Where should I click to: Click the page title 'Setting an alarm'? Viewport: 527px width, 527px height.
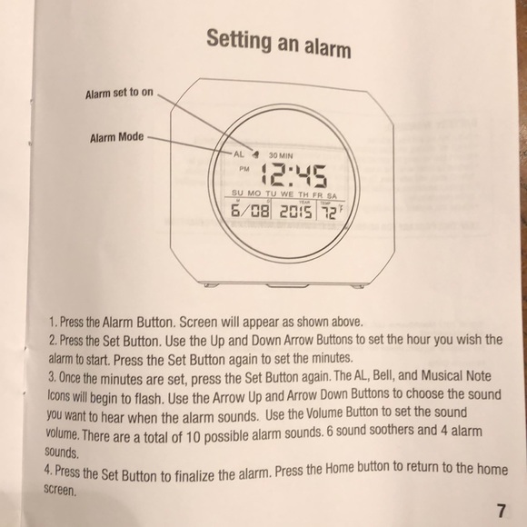(279, 44)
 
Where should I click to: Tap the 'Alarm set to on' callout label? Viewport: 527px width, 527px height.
(119, 93)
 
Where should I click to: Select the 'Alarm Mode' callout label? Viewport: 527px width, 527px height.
(116, 137)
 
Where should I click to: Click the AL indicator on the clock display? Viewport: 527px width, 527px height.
(239, 154)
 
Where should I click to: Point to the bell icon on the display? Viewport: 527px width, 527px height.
(255, 154)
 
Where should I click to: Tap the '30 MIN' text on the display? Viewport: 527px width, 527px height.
(281, 155)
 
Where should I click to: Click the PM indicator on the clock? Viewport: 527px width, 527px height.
(244, 169)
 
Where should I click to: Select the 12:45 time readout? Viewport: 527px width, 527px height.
(294, 175)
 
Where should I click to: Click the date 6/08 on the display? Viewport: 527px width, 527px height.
(251, 211)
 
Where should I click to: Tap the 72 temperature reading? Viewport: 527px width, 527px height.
(328, 213)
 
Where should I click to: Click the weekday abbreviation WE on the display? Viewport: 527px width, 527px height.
(287, 194)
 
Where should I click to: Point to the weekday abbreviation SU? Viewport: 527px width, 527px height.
(237, 193)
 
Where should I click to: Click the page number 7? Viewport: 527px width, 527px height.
(501, 511)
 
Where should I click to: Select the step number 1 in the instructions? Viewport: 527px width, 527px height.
(53, 322)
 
